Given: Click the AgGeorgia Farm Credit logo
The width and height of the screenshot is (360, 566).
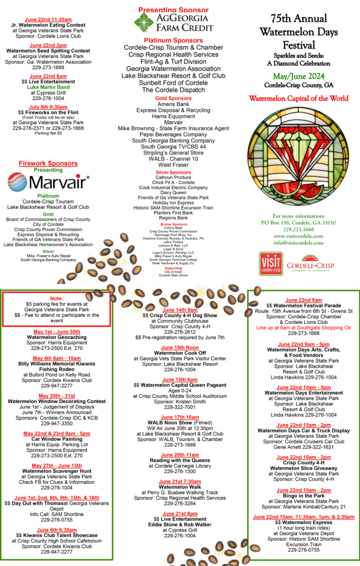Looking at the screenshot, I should [x=173, y=23].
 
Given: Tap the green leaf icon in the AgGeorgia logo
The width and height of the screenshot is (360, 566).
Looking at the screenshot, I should [x=145, y=23].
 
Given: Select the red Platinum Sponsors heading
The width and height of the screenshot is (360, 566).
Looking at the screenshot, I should [x=173, y=40].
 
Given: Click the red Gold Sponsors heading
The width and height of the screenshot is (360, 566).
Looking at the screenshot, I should [x=173, y=98].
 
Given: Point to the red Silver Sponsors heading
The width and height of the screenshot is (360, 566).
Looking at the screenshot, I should [x=173, y=172].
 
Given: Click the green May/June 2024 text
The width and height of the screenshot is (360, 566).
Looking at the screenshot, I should [x=299, y=76].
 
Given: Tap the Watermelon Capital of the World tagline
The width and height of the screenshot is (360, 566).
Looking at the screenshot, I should [x=299, y=98].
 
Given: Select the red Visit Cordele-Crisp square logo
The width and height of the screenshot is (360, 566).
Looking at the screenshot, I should [x=270, y=263].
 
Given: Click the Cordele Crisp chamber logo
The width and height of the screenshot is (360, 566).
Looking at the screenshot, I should [x=310, y=264].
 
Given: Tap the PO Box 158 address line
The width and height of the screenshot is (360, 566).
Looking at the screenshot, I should [x=299, y=223].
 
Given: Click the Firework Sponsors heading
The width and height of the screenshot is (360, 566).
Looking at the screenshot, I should [x=48, y=164].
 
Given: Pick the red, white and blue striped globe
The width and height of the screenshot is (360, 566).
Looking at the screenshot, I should [x=17, y=182].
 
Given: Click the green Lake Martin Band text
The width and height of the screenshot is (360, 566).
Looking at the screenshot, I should [x=48, y=87].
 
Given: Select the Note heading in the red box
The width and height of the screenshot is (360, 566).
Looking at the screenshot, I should [x=56, y=298].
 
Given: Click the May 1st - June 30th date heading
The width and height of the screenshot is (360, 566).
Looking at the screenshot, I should [x=56, y=332].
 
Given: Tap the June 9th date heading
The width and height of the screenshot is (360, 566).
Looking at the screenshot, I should [x=56, y=530].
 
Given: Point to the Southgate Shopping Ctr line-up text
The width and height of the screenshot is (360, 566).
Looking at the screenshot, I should [x=304, y=328].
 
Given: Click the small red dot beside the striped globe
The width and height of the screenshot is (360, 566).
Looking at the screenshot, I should [x=78, y=176].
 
